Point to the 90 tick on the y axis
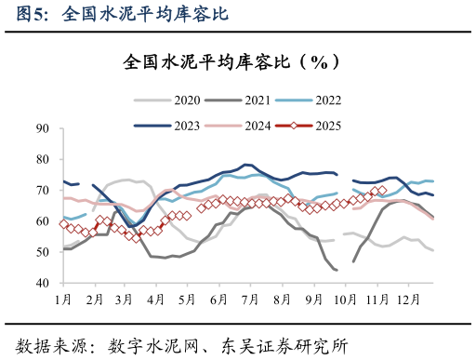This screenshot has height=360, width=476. (43, 128)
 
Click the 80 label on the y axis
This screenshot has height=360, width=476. (43, 159)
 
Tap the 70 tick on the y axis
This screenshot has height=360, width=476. (43, 190)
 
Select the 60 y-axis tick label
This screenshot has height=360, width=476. (43, 221)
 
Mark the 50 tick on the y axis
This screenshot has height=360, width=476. (43, 252)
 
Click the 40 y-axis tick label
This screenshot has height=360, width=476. (43, 283)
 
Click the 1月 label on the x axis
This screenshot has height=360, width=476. (63, 300)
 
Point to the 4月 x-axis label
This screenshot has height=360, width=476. (156, 300)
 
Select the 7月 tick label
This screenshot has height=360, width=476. (249, 300)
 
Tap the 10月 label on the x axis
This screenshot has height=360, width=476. (345, 300)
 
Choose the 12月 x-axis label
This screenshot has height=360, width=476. (407, 300)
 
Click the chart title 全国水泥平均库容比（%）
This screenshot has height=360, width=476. (228, 62)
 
